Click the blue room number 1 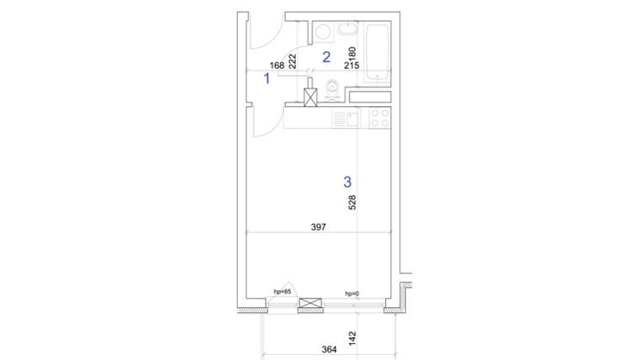[267, 79]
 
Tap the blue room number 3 [346, 181]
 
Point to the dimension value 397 [318, 226]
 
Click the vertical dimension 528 [354, 204]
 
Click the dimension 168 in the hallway [277, 65]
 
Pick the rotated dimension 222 [293, 60]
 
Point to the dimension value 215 [352, 65]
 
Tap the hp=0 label [351, 294]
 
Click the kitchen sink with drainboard [344, 119]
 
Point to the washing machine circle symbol [321, 33]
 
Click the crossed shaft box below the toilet [311, 97]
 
